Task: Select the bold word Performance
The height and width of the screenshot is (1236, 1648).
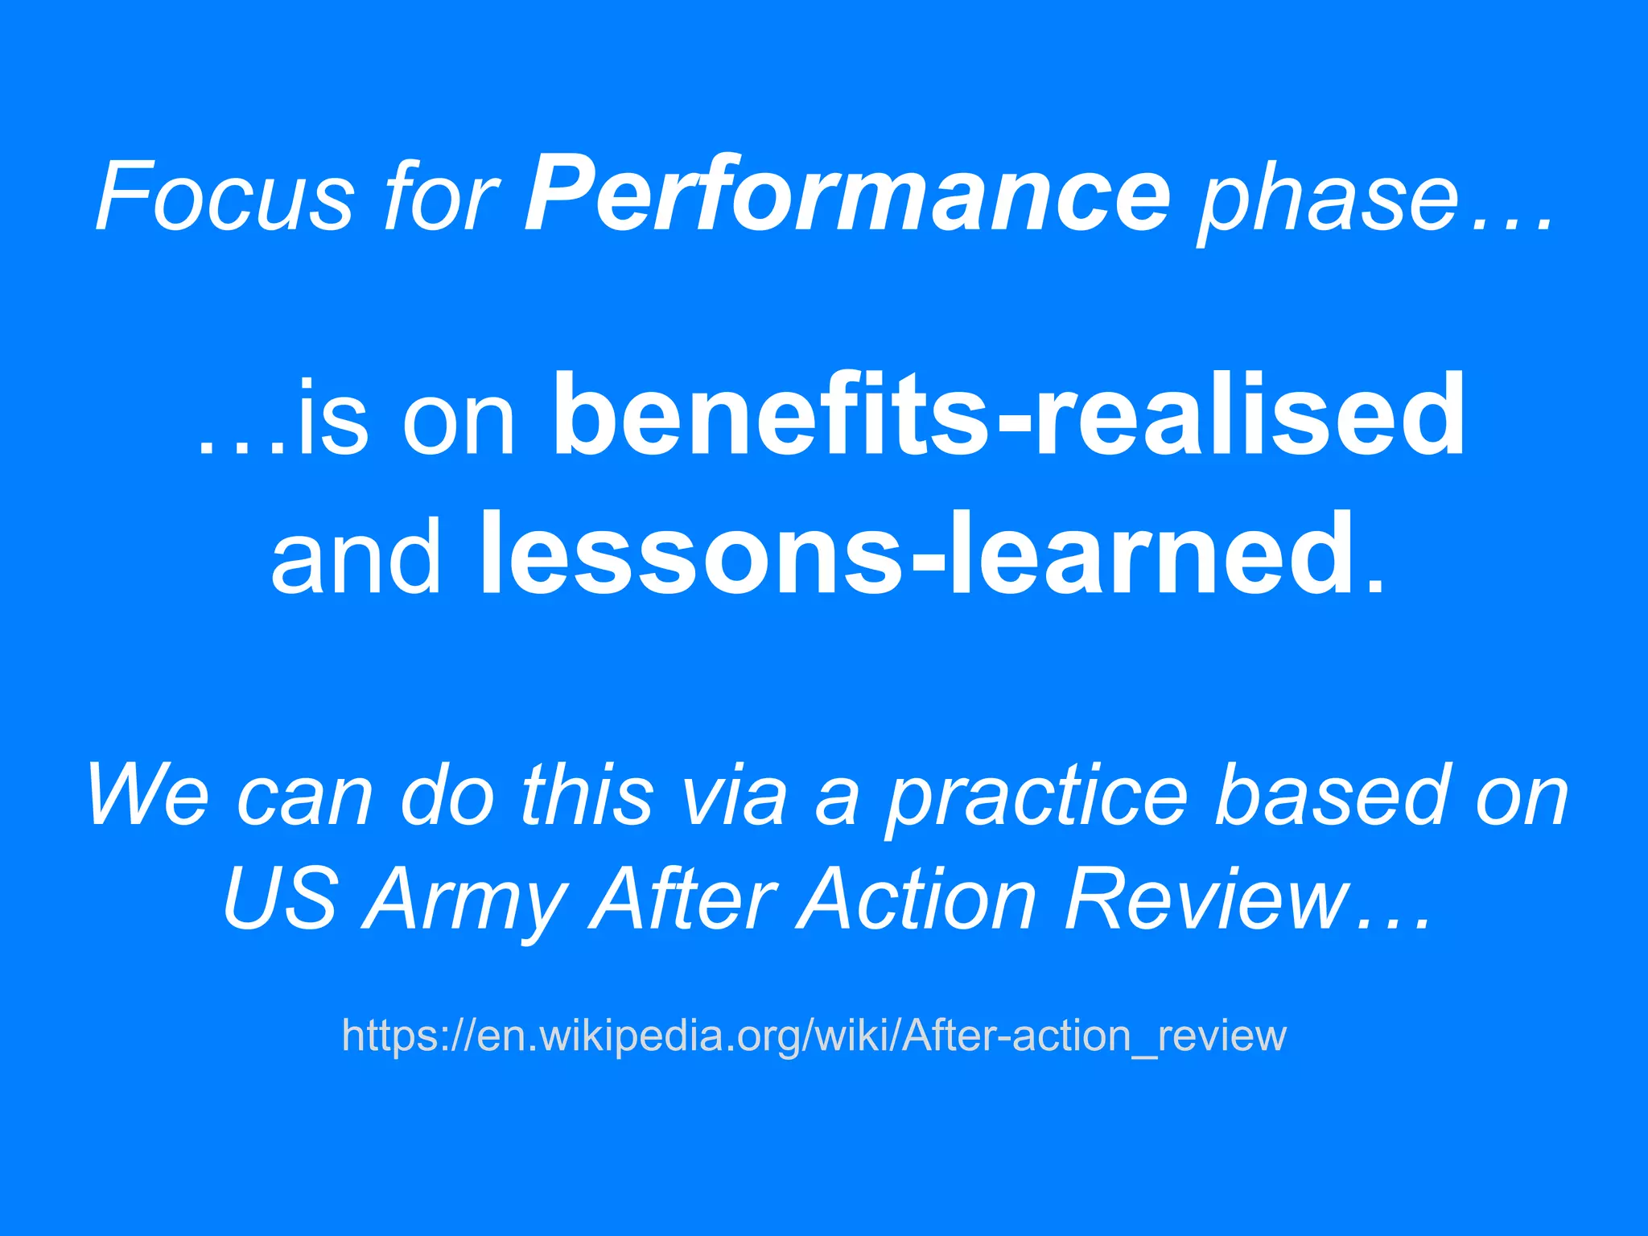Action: point(847,196)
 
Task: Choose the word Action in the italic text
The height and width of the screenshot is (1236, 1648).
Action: point(917,900)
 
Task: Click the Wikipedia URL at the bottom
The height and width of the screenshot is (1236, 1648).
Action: point(814,1036)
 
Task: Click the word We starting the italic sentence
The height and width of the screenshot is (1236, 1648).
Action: point(148,797)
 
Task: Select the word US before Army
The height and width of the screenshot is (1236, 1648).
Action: point(279,900)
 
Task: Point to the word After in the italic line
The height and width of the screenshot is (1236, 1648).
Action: point(683,900)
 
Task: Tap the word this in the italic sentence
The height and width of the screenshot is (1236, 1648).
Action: point(587,797)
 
